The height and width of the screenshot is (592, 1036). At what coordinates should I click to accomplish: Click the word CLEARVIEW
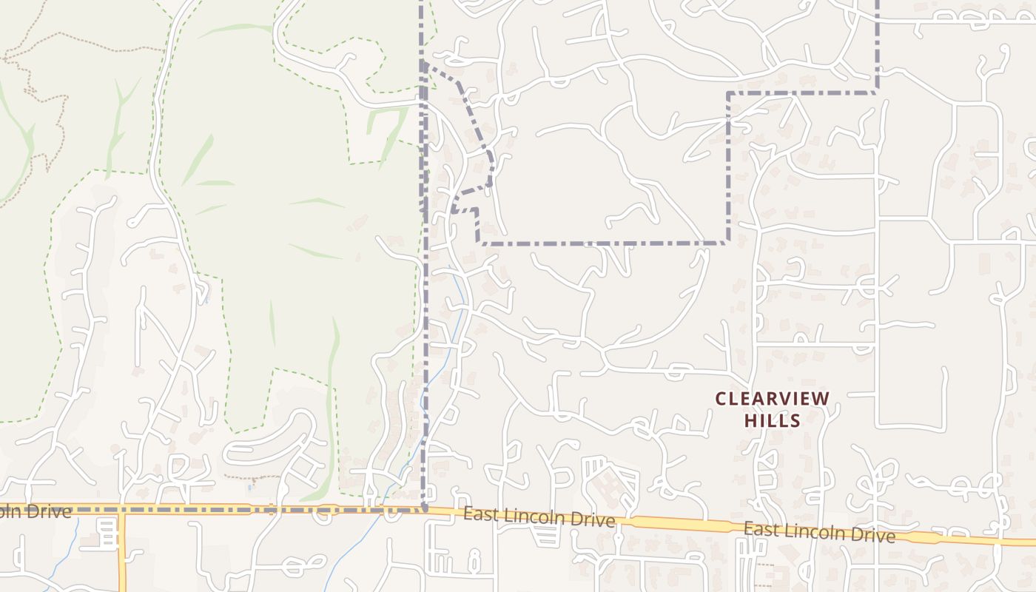point(773,399)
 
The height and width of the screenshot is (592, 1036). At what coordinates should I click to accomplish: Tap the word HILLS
point(773,420)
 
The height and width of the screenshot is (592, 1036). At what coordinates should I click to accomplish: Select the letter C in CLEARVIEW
point(721,399)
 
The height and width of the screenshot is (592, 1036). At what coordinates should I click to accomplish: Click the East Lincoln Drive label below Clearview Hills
point(819,531)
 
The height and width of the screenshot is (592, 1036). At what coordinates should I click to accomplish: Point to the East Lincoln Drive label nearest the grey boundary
point(539,517)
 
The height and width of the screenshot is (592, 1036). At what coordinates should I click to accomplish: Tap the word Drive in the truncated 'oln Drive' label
point(50,511)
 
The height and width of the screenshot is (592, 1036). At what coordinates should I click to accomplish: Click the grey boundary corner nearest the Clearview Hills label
point(728,242)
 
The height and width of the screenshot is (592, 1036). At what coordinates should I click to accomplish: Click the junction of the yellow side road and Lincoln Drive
point(122,511)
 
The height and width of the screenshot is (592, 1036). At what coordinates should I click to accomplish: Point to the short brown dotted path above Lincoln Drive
point(240,477)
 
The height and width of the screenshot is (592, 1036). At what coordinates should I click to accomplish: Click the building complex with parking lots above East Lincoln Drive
point(611,485)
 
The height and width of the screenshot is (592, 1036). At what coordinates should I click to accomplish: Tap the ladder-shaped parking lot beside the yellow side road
point(108,534)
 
